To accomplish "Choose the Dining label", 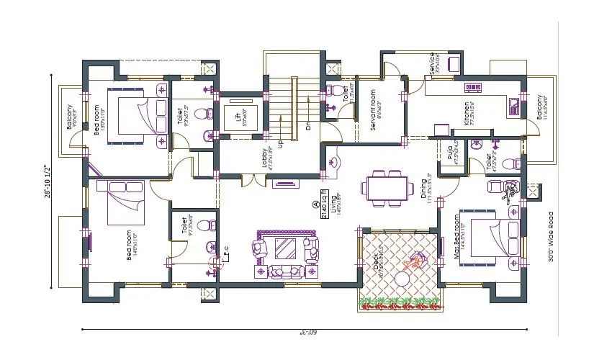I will [x=426, y=189].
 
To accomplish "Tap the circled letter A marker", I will [x=315, y=204].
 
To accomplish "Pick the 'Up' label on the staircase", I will [x=280, y=143].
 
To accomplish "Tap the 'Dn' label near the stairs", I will [x=307, y=125].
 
